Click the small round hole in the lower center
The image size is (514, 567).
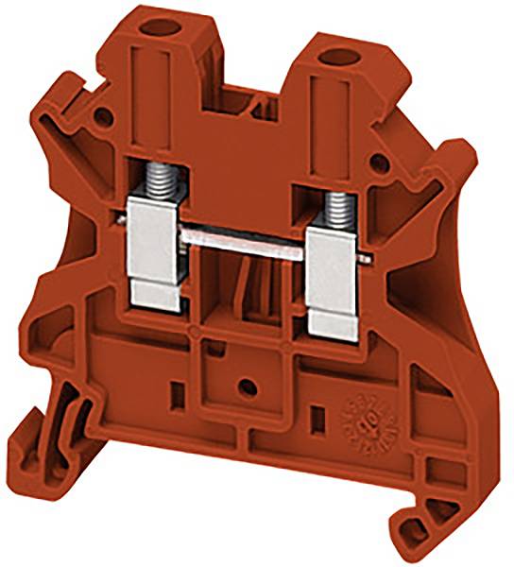pyautogui.click(x=248, y=387)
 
